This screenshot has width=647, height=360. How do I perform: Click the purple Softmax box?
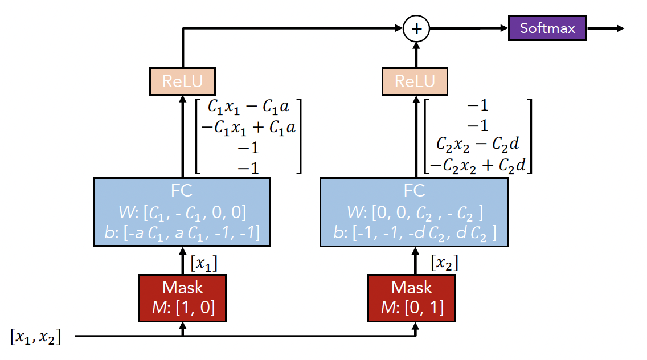547,28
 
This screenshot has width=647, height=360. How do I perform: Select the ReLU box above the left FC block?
182,81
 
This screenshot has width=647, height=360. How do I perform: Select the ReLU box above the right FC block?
415,81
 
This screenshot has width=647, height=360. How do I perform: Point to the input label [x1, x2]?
35,336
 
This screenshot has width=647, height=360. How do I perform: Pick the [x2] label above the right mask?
445,263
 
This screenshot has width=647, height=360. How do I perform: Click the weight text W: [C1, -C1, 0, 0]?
182,212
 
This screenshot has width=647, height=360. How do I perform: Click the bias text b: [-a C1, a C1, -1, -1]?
182,233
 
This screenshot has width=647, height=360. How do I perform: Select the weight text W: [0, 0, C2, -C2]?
414,212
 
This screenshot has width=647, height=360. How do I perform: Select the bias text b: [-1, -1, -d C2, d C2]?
414,233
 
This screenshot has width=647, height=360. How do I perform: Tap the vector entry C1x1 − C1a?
249,106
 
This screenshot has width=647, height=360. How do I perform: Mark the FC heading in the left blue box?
182,190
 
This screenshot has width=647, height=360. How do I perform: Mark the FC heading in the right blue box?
414,190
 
